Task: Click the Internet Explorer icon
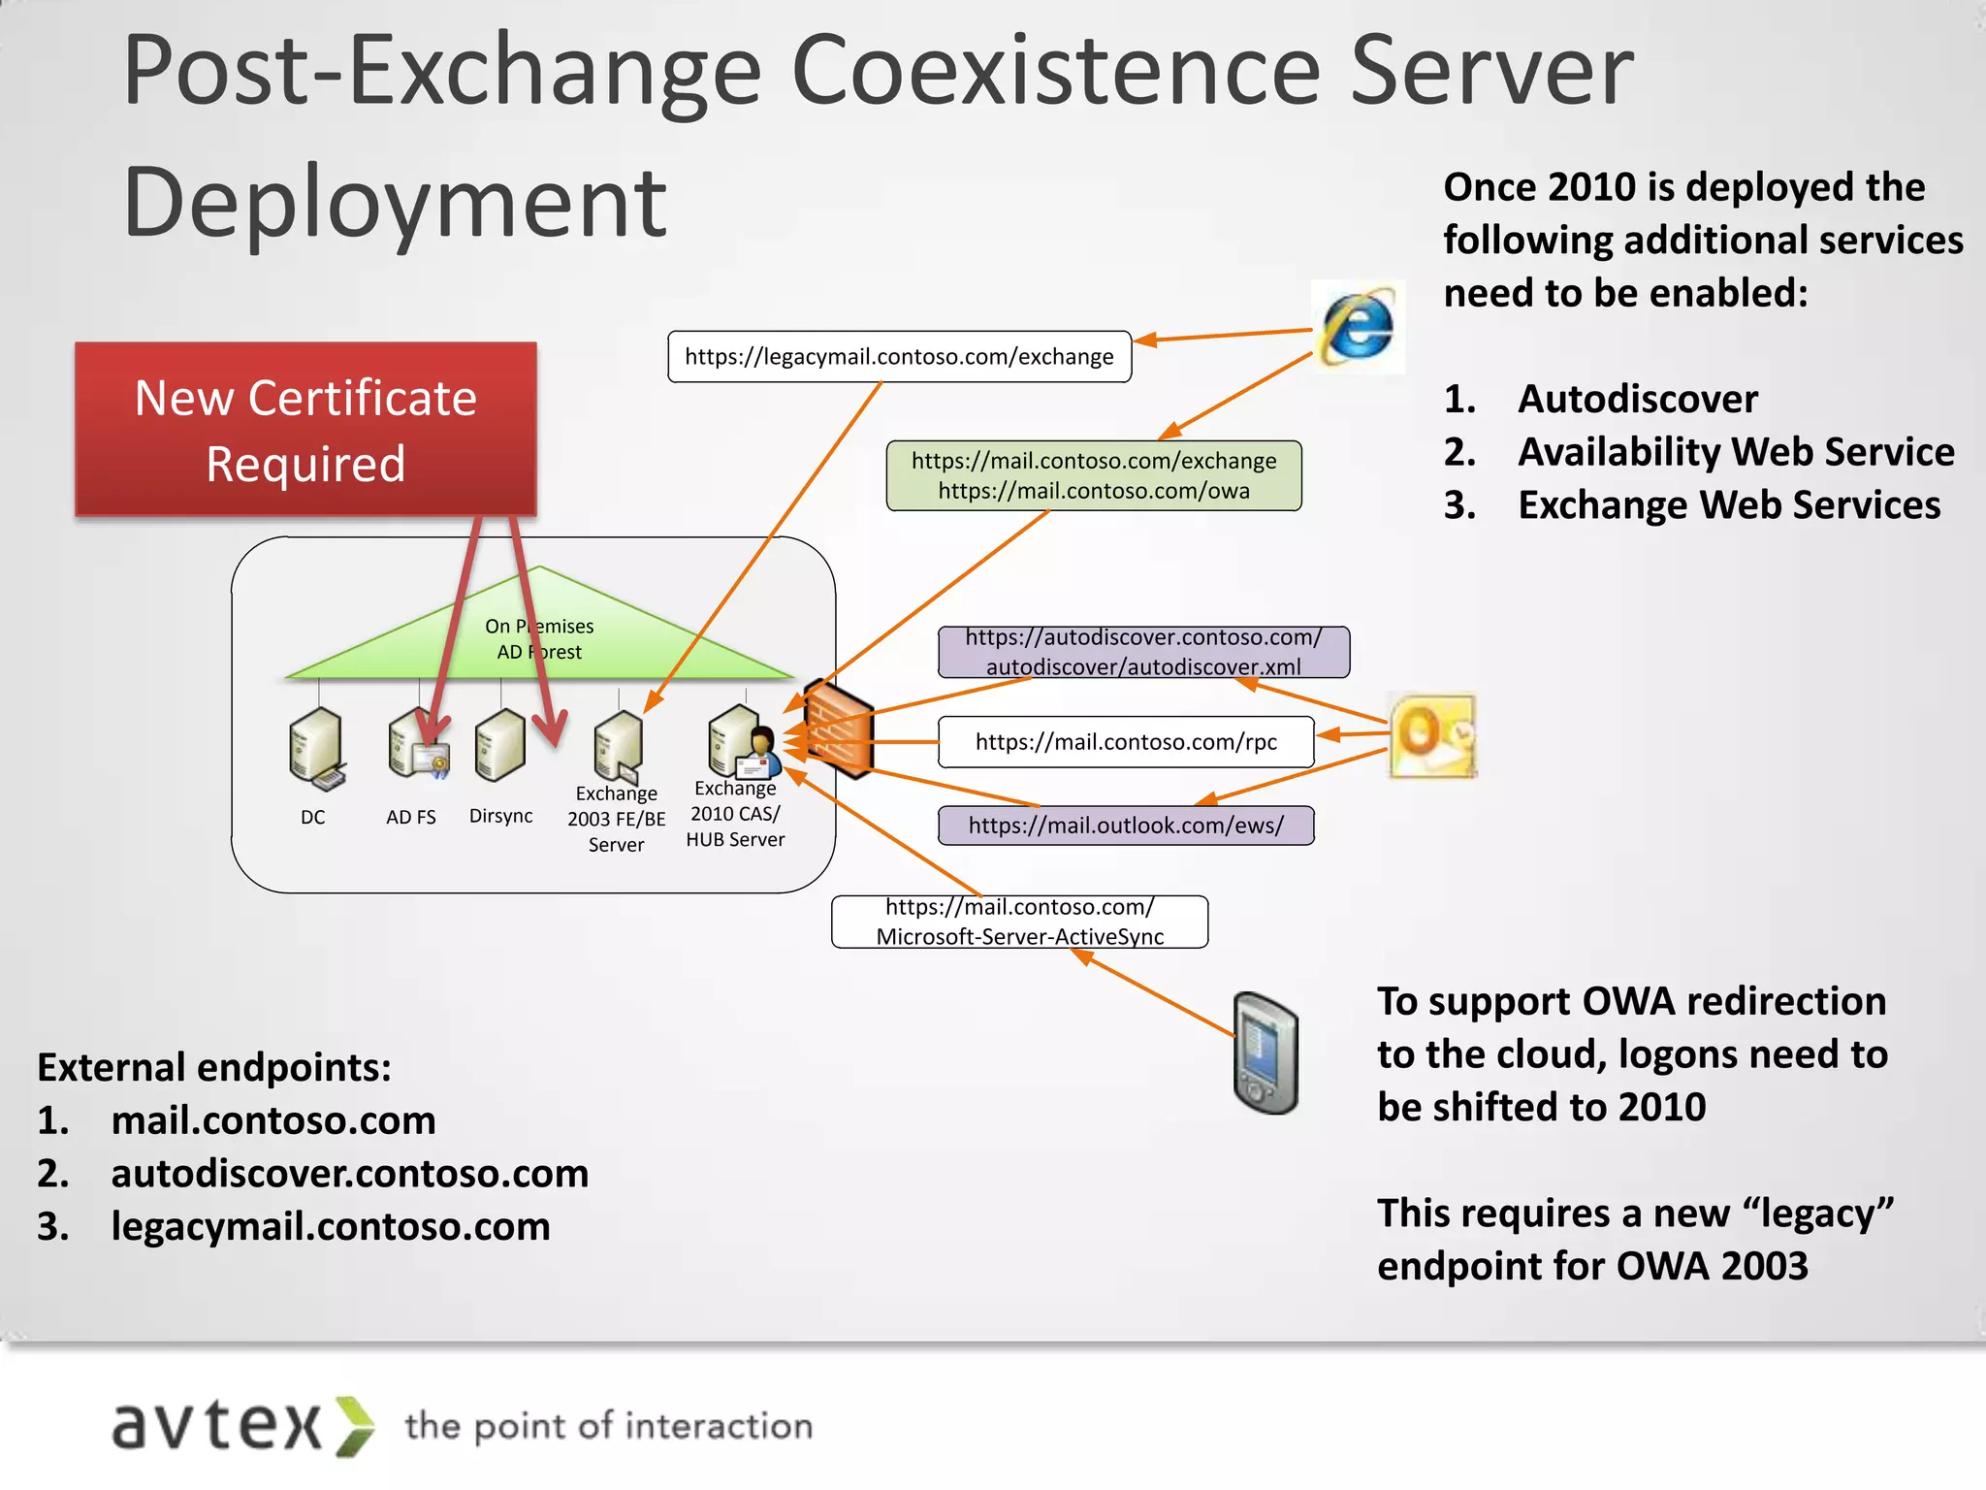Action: (1358, 327)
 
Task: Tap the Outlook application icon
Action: (1431, 735)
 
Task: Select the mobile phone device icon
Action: (1265, 1053)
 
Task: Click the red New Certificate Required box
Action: (305, 430)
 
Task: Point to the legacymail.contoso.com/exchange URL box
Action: (899, 357)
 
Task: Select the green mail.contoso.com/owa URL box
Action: (1093, 476)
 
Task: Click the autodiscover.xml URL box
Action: (1143, 652)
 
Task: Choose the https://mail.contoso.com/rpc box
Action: (1126, 742)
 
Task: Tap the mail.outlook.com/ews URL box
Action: (1126, 826)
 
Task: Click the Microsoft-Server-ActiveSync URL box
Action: (1019, 922)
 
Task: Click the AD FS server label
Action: (411, 818)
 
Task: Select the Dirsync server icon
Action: (500, 746)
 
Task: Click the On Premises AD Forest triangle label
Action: (539, 639)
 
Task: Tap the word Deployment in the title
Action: (395, 202)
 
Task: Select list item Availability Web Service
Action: (1735, 452)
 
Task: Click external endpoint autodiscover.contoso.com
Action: (349, 1174)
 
